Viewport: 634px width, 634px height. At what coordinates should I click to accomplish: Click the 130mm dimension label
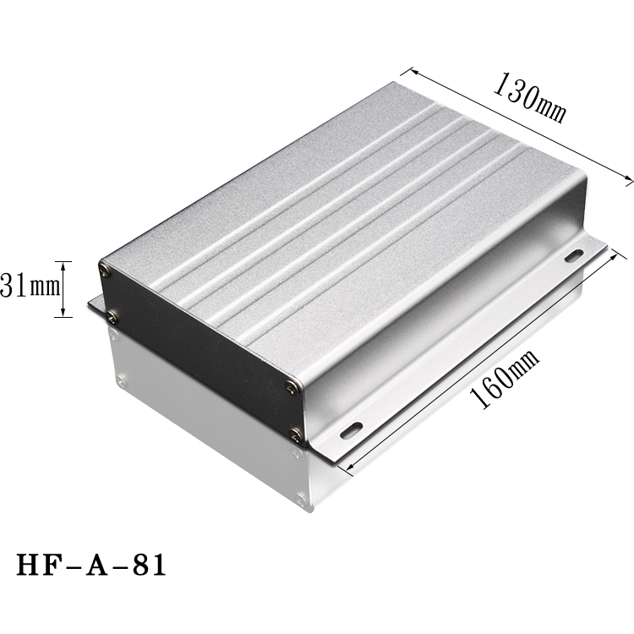pos(529,99)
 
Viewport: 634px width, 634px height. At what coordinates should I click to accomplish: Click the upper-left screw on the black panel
pos(104,271)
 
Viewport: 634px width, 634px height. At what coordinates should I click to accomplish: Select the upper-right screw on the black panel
pos(292,387)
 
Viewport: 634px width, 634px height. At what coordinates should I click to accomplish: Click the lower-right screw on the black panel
pos(296,435)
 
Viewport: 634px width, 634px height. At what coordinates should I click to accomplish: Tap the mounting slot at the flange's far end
pos(574,254)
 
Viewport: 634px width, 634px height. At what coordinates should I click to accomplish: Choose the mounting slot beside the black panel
pos(351,429)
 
